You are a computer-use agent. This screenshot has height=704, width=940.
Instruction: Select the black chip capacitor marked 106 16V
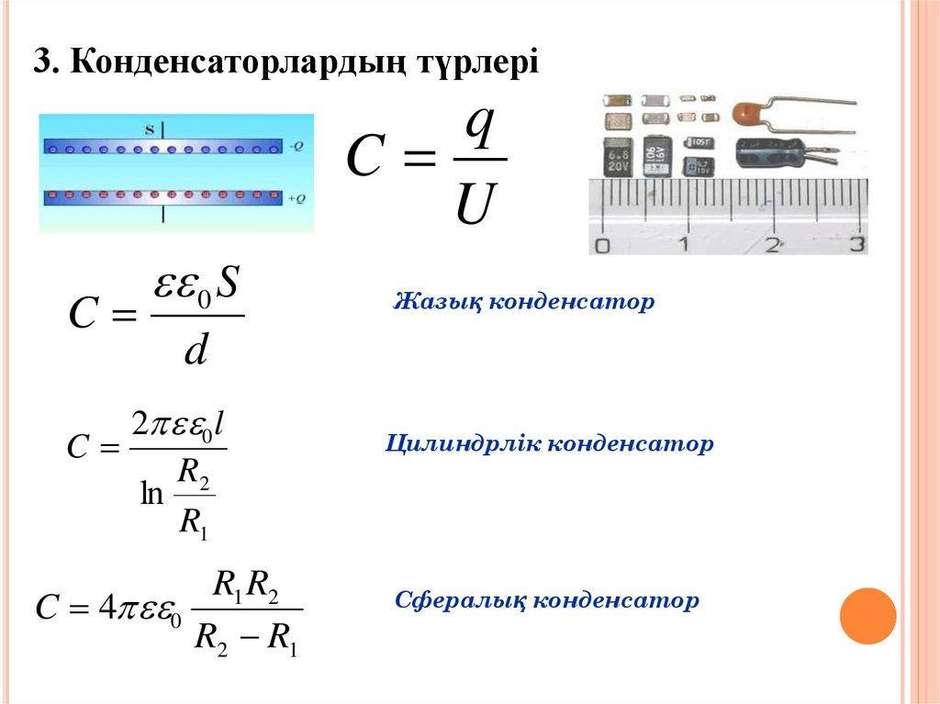(656, 157)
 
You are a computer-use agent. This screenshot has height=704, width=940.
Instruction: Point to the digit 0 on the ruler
(602, 245)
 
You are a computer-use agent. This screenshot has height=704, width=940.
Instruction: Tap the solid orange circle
(867, 615)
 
